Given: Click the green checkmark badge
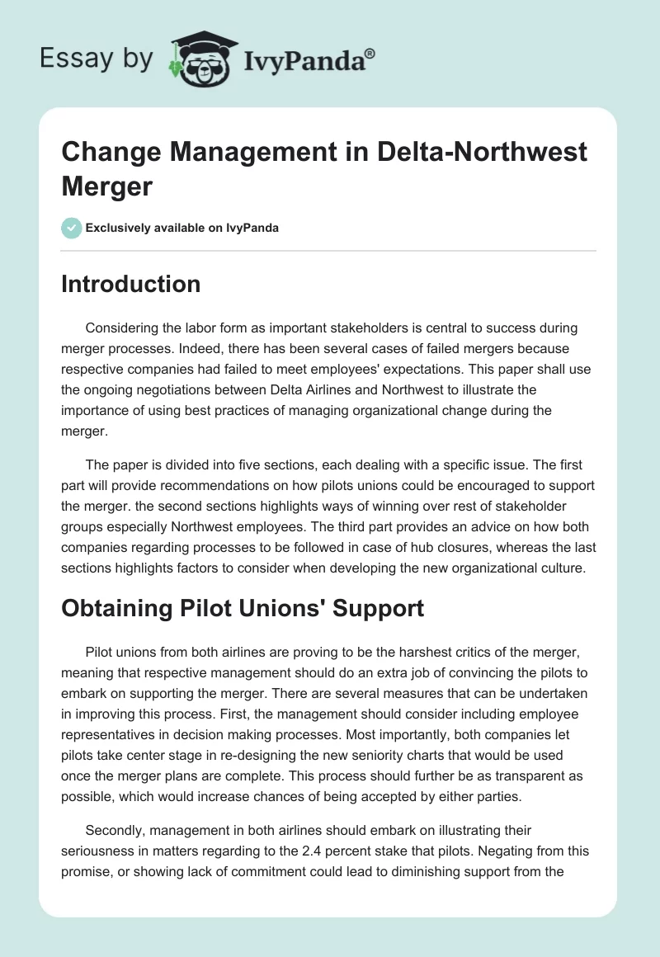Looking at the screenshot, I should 72,228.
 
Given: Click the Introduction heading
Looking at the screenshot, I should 131,285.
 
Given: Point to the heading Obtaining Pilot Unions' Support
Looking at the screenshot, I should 243,609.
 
